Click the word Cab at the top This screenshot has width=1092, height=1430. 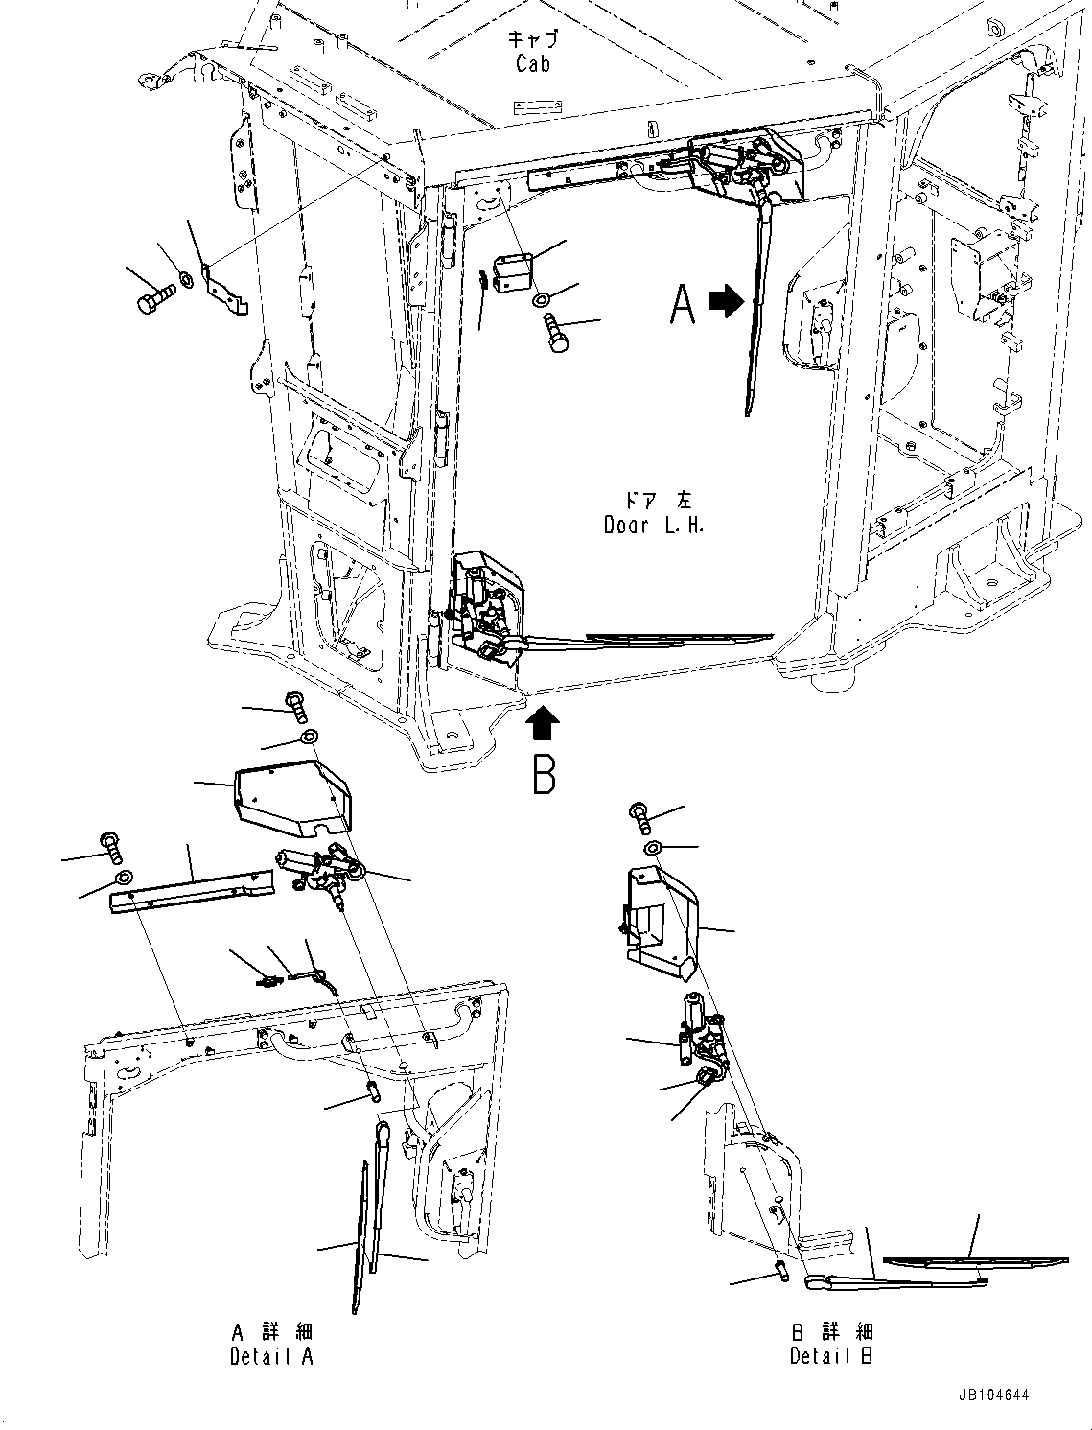pos(533,64)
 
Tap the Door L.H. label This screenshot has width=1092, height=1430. pos(654,525)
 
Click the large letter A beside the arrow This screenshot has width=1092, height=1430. pos(682,305)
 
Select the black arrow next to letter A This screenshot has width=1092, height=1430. pos(726,302)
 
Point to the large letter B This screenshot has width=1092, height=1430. pos(544,775)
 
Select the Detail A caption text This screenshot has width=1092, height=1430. pos(271,1356)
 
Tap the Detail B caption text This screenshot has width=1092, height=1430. pos(831,1355)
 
